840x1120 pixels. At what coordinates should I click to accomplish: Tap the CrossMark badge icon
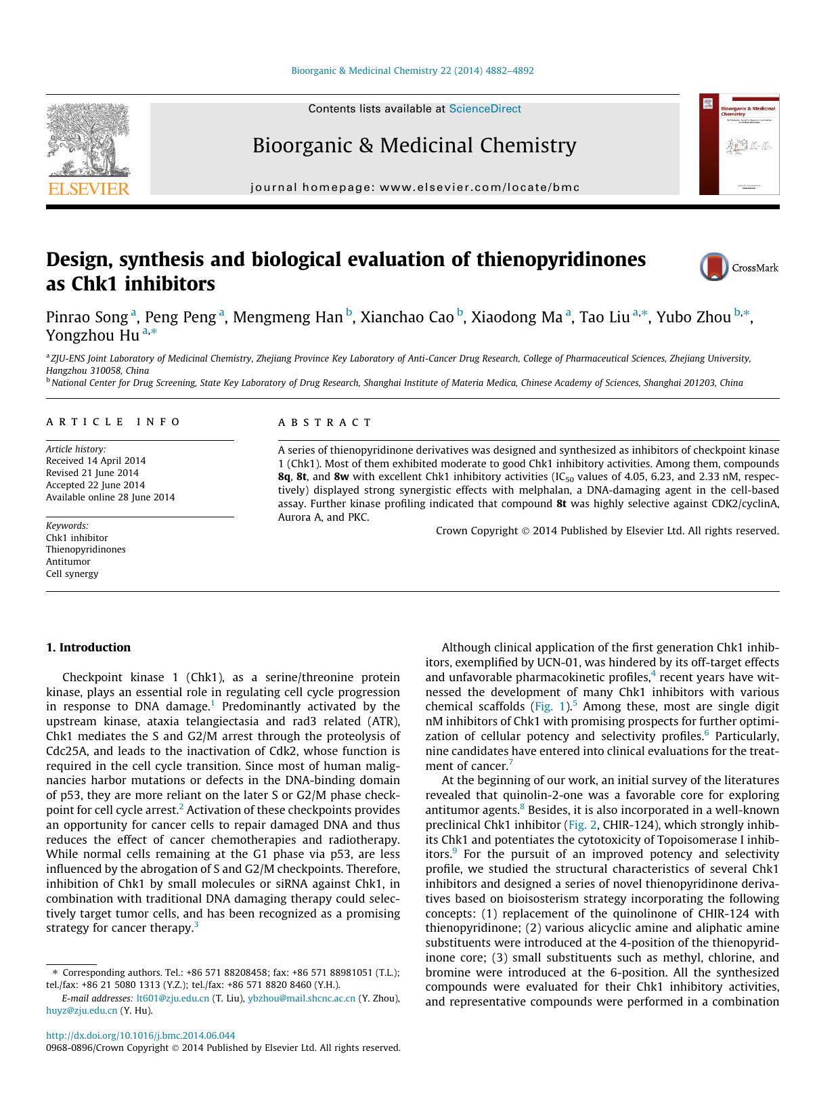(x=713, y=267)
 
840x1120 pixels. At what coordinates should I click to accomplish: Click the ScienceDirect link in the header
(x=485, y=108)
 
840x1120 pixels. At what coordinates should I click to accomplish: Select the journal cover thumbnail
(x=738, y=144)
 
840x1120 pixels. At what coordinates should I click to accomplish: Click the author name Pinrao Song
(x=87, y=317)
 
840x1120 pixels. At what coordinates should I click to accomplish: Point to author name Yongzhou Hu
(x=93, y=335)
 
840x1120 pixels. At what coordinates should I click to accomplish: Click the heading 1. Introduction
(x=88, y=647)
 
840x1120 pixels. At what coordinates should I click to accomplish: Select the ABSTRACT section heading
(x=325, y=423)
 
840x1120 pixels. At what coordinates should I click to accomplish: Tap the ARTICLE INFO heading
(x=113, y=422)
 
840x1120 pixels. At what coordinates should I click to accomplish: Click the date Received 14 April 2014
(x=95, y=460)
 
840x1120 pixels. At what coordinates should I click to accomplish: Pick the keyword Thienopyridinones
(x=86, y=549)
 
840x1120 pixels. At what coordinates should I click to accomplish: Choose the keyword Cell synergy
(x=72, y=574)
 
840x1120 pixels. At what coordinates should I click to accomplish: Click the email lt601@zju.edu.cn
(x=173, y=998)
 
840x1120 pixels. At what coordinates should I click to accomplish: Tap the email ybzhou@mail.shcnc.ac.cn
(x=301, y=998)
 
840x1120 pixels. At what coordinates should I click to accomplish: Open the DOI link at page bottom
(x=140, y=1035)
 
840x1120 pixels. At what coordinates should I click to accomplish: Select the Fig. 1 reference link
(x=548, y=706)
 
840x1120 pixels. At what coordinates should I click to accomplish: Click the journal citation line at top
(x=412, y=70)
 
